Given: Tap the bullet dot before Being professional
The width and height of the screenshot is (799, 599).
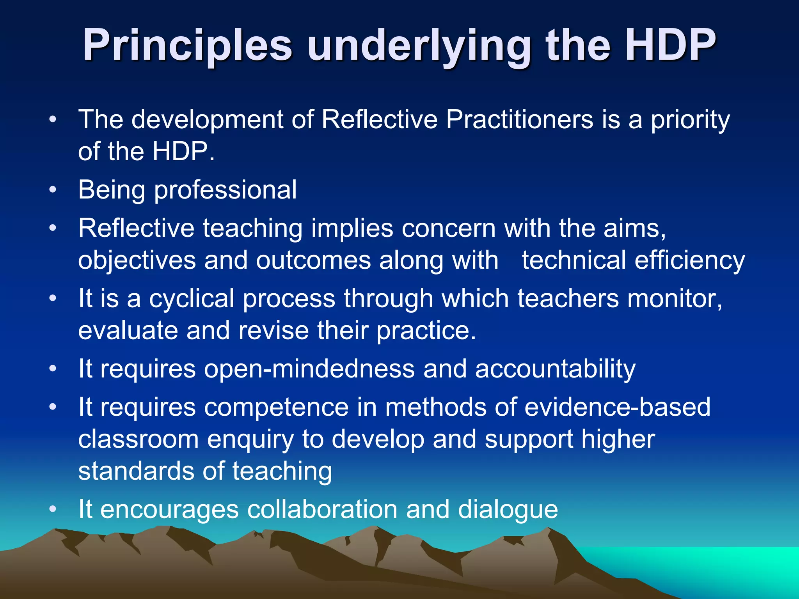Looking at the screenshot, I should (x=53, y=190).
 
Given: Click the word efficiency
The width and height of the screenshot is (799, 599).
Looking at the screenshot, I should (x=689, y=261).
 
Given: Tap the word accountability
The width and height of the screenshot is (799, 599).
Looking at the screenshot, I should (x=555, y=369).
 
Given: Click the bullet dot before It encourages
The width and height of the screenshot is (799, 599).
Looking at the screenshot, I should (x=53, y=509).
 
